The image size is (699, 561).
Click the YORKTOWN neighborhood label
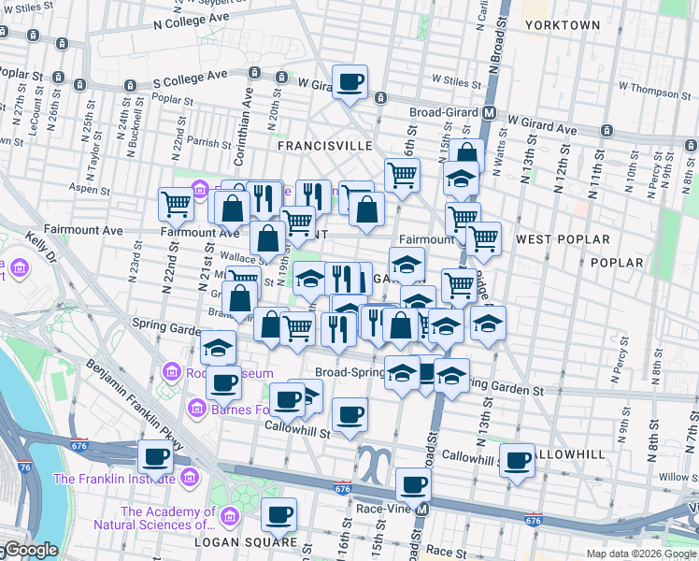pos(562,24)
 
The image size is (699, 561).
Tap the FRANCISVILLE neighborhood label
pos(325,146)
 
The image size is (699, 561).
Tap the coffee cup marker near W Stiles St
pos(350,82)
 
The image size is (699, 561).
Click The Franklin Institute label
pos(114,479)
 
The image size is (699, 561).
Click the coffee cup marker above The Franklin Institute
pos(155,456)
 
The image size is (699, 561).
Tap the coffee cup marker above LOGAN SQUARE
pos(278,513)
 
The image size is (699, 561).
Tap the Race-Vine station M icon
pos(422,510)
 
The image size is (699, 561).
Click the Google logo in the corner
pos(30,551)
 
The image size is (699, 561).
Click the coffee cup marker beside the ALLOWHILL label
pos(517,460)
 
